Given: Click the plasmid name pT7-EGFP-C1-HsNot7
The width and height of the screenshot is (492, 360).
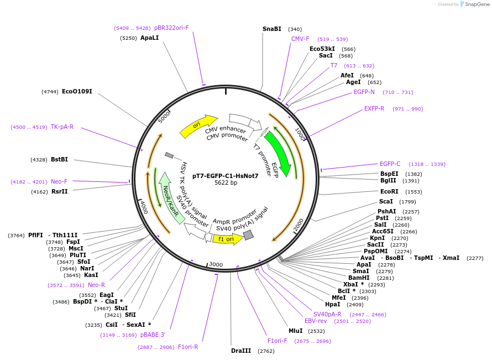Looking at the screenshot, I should [226, 176].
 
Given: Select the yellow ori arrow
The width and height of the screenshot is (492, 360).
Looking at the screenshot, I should [198, 127].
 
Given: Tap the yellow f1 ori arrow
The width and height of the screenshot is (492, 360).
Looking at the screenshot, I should [227, 239].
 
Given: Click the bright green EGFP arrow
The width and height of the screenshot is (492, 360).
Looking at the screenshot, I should [278, 153].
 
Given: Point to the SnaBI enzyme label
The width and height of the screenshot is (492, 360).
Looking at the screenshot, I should [272, 29].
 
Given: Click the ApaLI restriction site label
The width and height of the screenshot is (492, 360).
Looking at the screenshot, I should [149, 38].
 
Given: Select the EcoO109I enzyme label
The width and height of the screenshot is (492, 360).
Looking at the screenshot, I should [77, 91].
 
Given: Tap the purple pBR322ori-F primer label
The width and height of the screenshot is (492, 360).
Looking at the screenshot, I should [171, 28].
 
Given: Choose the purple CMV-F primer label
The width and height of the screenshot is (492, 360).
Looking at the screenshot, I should [300, 39].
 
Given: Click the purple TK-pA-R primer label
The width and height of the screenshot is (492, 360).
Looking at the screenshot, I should [62, 127].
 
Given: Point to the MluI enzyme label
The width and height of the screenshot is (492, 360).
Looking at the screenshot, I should [296, 331].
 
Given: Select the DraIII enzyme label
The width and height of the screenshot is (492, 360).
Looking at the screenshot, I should [241, 351].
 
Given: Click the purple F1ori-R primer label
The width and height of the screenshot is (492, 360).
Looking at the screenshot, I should [188, 347].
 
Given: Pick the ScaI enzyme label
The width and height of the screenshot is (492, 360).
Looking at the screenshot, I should [386, 201].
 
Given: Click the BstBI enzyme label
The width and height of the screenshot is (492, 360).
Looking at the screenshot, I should [59, 159].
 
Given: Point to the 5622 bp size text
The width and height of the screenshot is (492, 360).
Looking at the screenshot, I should [226, 183].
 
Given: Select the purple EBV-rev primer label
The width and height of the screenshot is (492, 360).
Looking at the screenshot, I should [316, 321].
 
